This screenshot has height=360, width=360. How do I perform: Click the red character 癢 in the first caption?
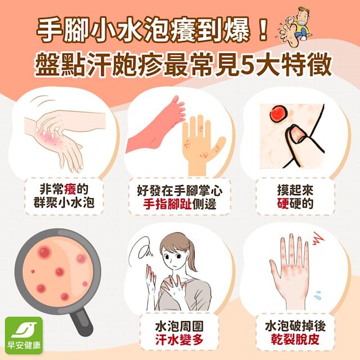(70, 190)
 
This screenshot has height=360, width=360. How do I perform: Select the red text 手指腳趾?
(167, 204)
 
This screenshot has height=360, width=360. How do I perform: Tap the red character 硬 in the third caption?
(282, 204)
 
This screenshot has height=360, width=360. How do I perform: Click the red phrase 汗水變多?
(179, 339)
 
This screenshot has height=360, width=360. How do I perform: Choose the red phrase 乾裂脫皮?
(295, 339)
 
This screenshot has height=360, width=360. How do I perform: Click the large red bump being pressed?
(278, 114)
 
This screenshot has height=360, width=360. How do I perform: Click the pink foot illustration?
(156, 126)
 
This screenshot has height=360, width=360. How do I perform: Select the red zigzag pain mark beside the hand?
(317, 238)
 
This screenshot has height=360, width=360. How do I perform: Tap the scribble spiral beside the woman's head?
(141, 250)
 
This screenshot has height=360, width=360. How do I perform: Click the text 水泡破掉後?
(295, 326)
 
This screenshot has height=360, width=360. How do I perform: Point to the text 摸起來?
(295, 190)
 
